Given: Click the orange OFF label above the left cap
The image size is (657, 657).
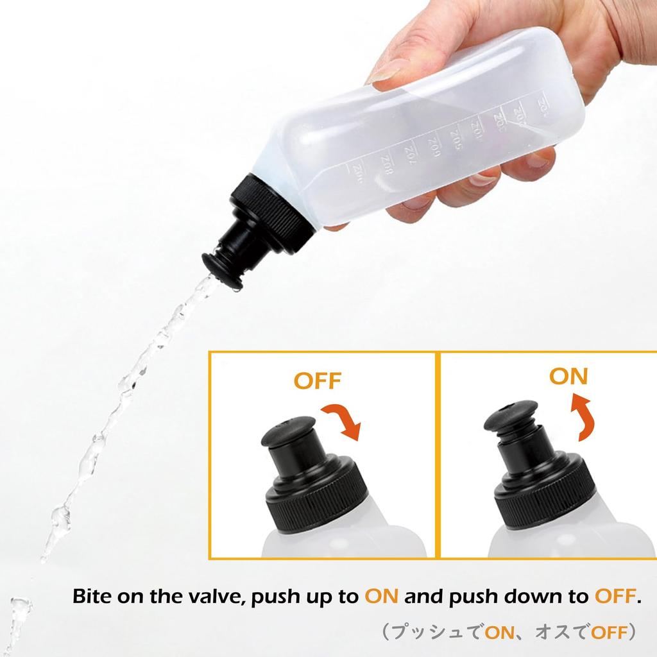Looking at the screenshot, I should click(314, 380).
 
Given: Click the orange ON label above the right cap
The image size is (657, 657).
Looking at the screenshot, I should click(568, 376).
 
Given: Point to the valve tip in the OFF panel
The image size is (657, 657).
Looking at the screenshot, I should click(287, 429).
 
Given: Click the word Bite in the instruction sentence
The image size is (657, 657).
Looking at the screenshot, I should click(94, 597).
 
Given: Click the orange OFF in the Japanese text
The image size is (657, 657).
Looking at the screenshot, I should click(608, 632).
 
